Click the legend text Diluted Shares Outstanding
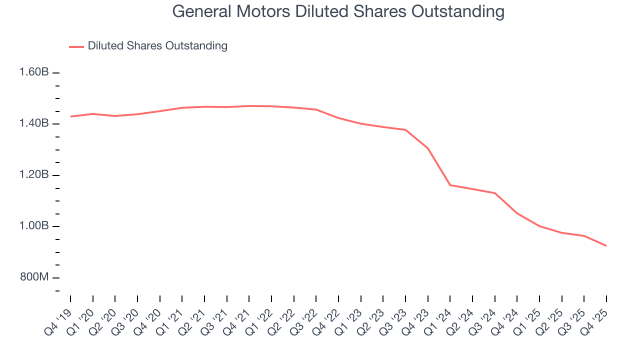click(x=157, y=46)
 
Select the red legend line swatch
click(x=76, y=46)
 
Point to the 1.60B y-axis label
click(x=34, y=72)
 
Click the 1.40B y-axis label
click(x=34, y=123)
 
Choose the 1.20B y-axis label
click(x=34, y=175)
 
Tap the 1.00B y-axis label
click(x=34, y=226)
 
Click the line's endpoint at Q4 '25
click(x=606, y=245)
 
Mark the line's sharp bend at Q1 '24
click(x=450, y=185)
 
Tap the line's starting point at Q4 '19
click(x=70, y=116)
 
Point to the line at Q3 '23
click(x=405, y=130)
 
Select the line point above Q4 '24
click(x=517, y=213)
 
